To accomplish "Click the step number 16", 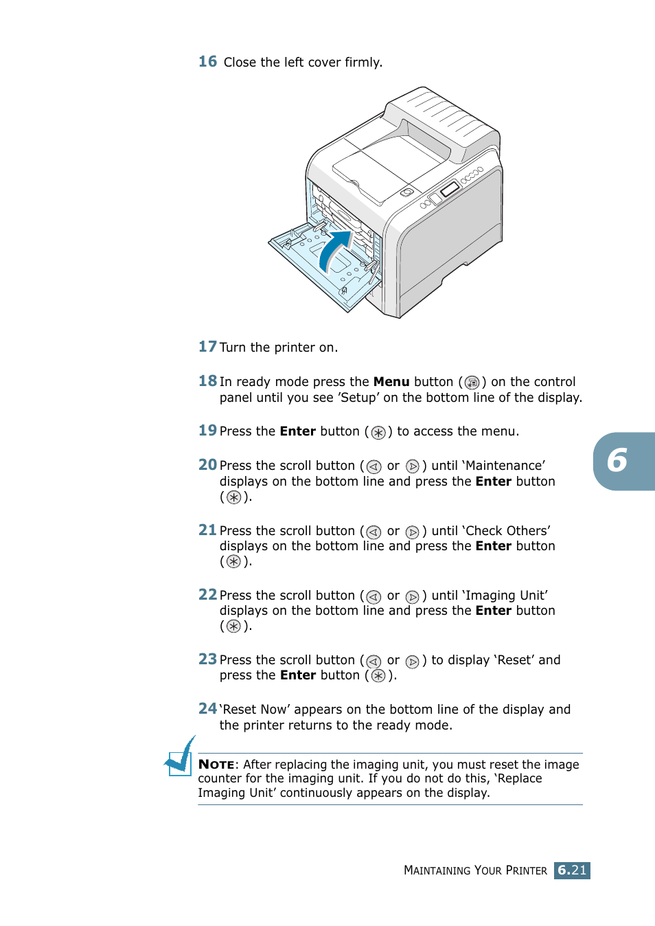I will [x=207, y=62].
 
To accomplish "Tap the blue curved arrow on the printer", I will [x=335, y=250].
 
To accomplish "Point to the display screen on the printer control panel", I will [x=450, y=188].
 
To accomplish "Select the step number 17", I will [x=207, y=347].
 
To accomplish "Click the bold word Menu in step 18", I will [x=391, y=382].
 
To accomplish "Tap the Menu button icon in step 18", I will [x=472, y=383].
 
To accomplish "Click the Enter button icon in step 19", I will [x=378, y=432].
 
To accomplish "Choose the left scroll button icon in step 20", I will [x=374, y=466].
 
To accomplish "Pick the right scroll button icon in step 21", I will [x=412, y=532].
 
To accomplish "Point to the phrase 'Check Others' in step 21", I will [x=507, y=531].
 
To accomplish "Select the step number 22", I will [x=207, y=595].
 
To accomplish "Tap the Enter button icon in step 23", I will [x=378, y=676].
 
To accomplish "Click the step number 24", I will [x=207, y=709].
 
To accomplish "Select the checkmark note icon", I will [x=181, y=757].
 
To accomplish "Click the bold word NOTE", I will [x=216, y=765].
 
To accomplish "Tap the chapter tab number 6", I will [x=617, y=460].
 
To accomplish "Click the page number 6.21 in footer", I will [x=572, y=870].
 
